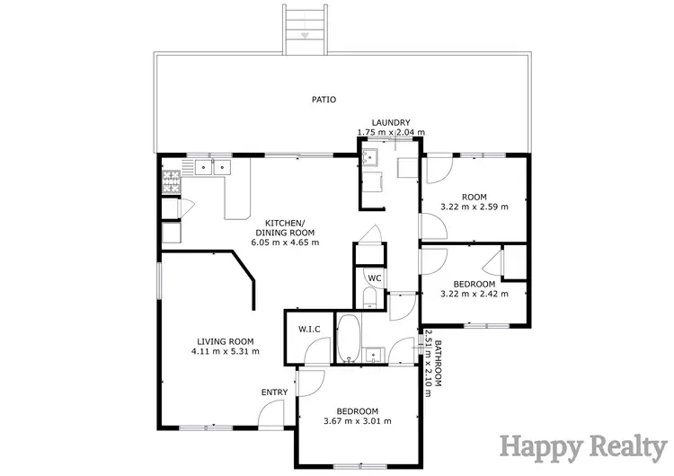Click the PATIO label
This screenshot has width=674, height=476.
(x=324, y=100)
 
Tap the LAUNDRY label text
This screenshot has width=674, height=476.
(x=391, y=123)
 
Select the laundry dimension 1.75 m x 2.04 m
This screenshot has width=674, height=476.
(x=391, y=133)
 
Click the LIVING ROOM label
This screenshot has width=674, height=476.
(x=225, y=341)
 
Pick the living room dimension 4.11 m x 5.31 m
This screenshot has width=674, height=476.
(x=225, y=351)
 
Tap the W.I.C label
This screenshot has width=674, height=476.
(x=309, y=329)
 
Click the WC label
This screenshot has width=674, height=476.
(x=375, y=278)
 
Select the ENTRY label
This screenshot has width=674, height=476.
(x=274, y=392)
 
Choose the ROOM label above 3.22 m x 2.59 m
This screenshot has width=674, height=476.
(x=474, y=197)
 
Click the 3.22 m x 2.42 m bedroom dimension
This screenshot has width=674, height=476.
(x=474, y=294)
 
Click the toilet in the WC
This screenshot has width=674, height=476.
(x=369, y=299)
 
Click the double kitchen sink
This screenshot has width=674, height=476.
(x=211, y=166)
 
